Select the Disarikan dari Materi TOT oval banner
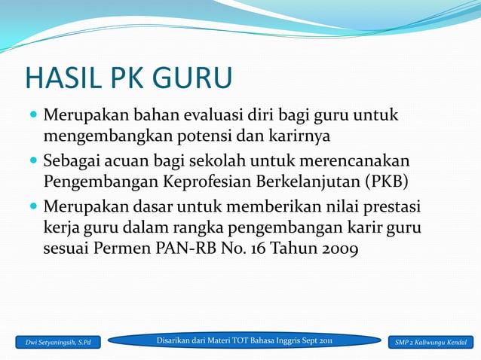[x=244, y=341]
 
